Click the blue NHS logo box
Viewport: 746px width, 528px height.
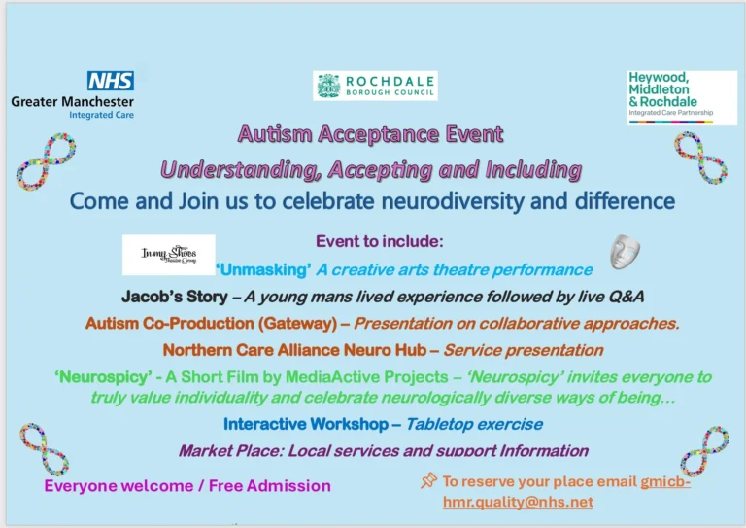tap(110, 81)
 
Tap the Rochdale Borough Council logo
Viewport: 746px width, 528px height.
tap(375, 86)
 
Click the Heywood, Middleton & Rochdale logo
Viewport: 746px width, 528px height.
tap(681, 96)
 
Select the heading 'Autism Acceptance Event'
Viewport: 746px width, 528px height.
tap(371, 134)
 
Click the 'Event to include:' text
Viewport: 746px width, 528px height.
tap(373, 240)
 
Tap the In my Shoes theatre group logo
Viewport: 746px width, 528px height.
tap(168, 255)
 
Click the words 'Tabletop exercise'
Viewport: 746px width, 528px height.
tap(474, 424)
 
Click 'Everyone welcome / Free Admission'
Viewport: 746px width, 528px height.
tap(186, 485)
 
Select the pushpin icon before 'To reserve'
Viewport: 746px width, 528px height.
tap(428, 480)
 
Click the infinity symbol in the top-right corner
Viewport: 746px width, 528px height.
tap(701, 158)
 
